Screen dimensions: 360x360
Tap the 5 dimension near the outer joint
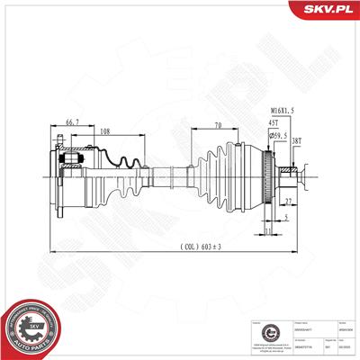286,217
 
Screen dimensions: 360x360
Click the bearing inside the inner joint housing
71,163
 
